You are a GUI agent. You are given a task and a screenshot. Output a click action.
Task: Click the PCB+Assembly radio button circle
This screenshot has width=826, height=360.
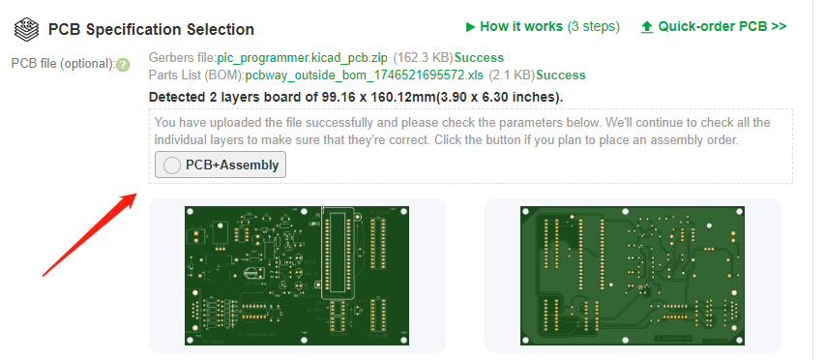pyautogui.click(x=172, y=165)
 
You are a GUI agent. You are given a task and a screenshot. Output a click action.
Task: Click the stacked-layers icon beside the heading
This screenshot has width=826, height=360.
pyautogui.click(x=27, y=30)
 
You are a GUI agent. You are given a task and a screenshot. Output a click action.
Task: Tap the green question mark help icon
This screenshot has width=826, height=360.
pyautogui.click(x=123, y=65)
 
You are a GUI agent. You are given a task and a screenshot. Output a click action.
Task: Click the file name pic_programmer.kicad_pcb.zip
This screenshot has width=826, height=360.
pyautogui.click(x=303, y=57)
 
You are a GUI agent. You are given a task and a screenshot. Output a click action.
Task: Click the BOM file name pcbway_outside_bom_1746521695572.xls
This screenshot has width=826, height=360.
pyautogui.click(x=364, y=75)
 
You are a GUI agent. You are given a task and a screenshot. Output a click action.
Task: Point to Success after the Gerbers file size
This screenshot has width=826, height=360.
pyautogui.click(x=479, y=57)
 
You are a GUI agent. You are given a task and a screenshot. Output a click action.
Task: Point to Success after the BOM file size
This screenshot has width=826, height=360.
pyautogui.click(x=561, y=75)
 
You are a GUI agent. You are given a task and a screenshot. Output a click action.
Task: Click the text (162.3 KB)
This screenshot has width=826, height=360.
pyautogui.click(x=424, y=57)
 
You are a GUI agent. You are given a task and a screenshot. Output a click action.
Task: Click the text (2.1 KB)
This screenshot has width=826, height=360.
pyautogui.click(x=512, y=75)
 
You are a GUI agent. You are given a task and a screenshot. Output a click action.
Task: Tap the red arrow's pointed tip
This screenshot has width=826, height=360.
pyautogui.click(x=137, y=194)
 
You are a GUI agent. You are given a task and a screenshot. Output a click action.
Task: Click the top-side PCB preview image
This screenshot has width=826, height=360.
pyautogui.click(x=297, y=276)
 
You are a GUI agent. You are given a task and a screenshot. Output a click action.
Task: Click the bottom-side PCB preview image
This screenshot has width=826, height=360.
pyautogui.click(x=633, y=276)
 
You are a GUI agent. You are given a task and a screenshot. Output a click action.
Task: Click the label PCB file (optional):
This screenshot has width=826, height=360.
pyautogui.click(x=63, y=64)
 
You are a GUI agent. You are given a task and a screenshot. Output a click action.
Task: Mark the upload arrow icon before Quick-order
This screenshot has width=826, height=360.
pyautogui.click(x=647, y=27)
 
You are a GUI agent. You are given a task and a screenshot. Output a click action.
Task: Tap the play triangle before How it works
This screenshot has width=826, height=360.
pyautogui.click(x=470, y=26)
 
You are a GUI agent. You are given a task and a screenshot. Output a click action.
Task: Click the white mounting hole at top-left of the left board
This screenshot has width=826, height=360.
pyautogui.click(x=190, y=211)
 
